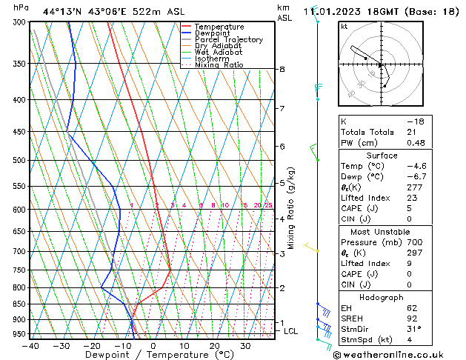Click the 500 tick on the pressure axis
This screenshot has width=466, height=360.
pyautogui.click(x=21, y=160)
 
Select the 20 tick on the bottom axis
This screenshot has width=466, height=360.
pyautogui.click(x=214, y=346)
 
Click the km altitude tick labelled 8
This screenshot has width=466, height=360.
pyautogui.click(x=282, y=69)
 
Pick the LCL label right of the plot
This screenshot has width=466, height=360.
pyautogui.click(x=291, y=331)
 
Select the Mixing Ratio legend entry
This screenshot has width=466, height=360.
pyautogui.click(x=219, y=65)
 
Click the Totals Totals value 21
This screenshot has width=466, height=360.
pyautogui.click(x=413, y=132)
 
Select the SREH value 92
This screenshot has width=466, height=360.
pyautogui.click(x=413, y=319)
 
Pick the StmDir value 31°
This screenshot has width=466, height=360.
pyautogui.click(x=414, y=330)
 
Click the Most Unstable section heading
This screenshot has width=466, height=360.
pyautogui.click(x=382, y=231)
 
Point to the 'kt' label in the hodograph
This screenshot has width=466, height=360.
pyautogui.click(x=344, y=27)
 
